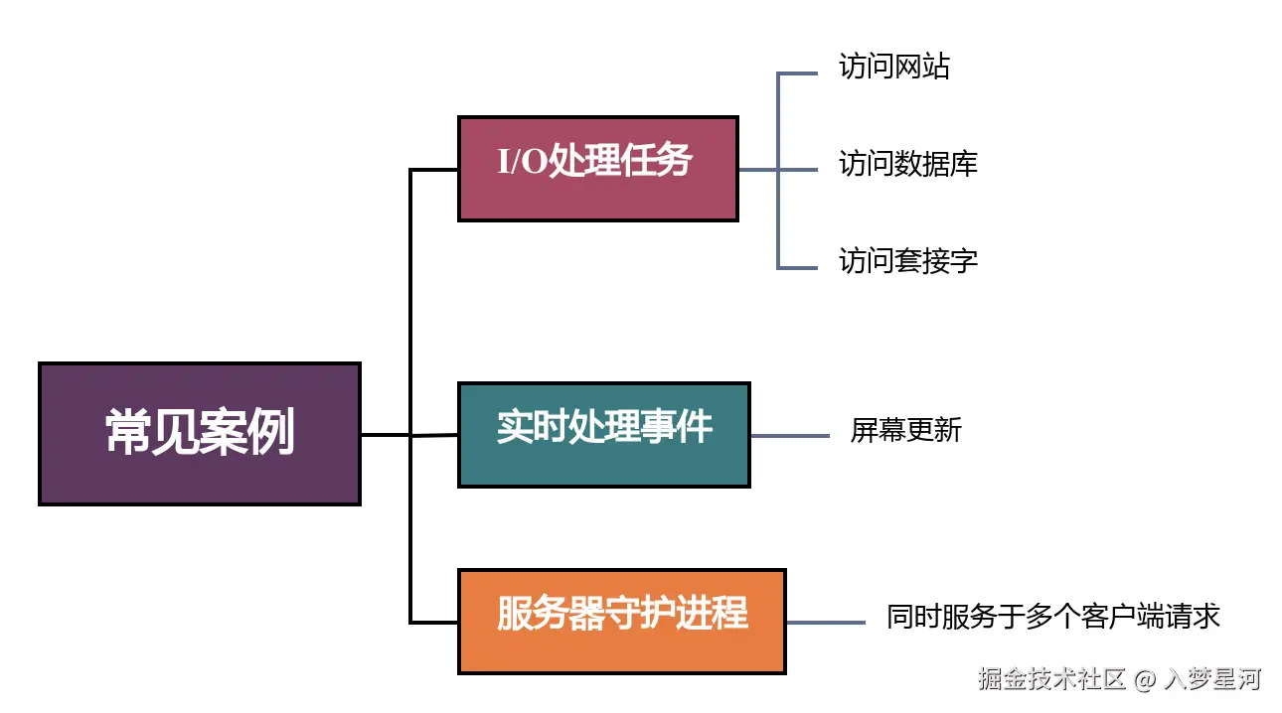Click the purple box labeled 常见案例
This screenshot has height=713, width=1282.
tap(199, 434)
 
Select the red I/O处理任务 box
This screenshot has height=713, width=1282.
tap(597, 168)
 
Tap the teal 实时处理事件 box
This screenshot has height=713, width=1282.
tap(603, 435)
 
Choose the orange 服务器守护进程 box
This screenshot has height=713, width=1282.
tap(621, 622)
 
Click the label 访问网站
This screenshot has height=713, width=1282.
tap(894, 67)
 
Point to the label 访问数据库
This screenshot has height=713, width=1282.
tap(908, 163)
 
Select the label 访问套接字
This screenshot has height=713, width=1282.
tap(908, 261)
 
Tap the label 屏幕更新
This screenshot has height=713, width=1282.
tap(905, 430)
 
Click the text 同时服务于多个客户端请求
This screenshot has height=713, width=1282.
tap(1052, 617)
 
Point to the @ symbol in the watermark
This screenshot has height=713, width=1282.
tap(1145, 680)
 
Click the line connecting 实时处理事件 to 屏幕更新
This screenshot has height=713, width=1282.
tap(790, 435)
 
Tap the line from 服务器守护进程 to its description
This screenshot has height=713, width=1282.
tap(825, 623)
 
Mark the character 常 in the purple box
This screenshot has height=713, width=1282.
tap(128, 433)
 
